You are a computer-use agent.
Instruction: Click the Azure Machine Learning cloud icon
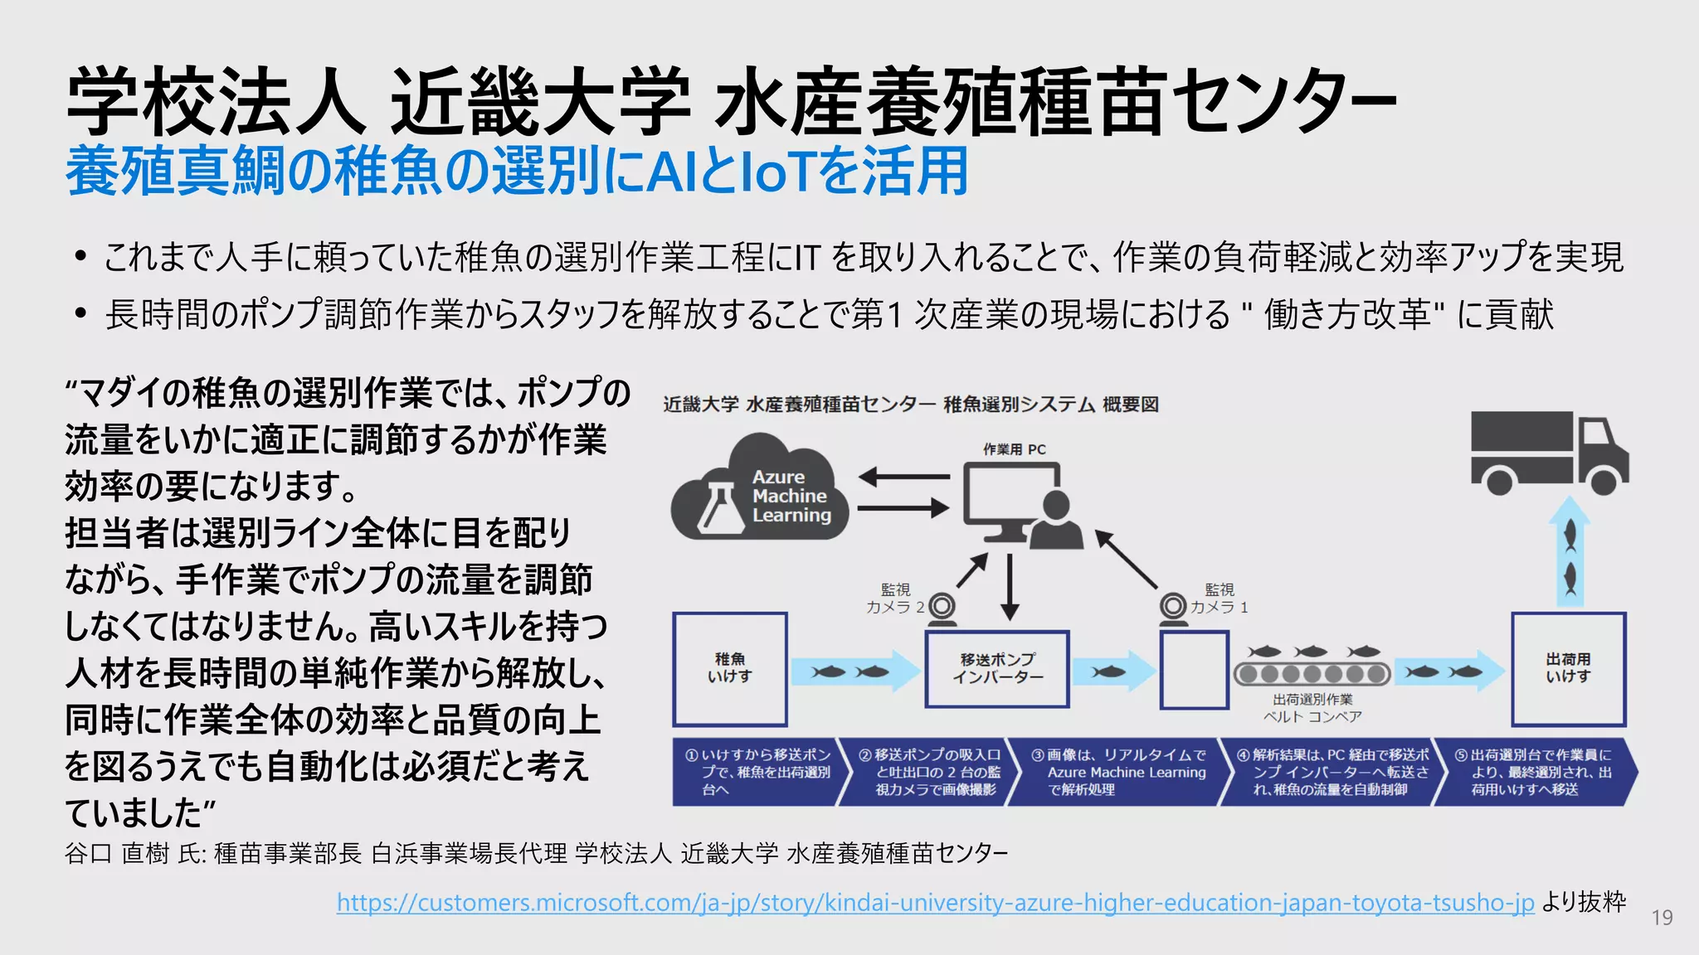(759, 489)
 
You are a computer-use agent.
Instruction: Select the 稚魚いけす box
(730, 669)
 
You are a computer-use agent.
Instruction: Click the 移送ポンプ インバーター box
(997, 669)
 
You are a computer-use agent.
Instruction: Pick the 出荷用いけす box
(1568, 669)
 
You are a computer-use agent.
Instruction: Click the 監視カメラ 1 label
(1219, 599)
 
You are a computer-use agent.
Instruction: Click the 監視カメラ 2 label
(895, 599)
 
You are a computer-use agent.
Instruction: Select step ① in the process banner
(757, 773)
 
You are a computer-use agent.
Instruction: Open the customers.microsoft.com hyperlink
(935, 903)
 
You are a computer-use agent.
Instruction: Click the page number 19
(1662, 918)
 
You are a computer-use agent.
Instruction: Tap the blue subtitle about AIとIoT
(517, 172)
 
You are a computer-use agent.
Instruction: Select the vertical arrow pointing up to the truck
(1569, 551)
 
